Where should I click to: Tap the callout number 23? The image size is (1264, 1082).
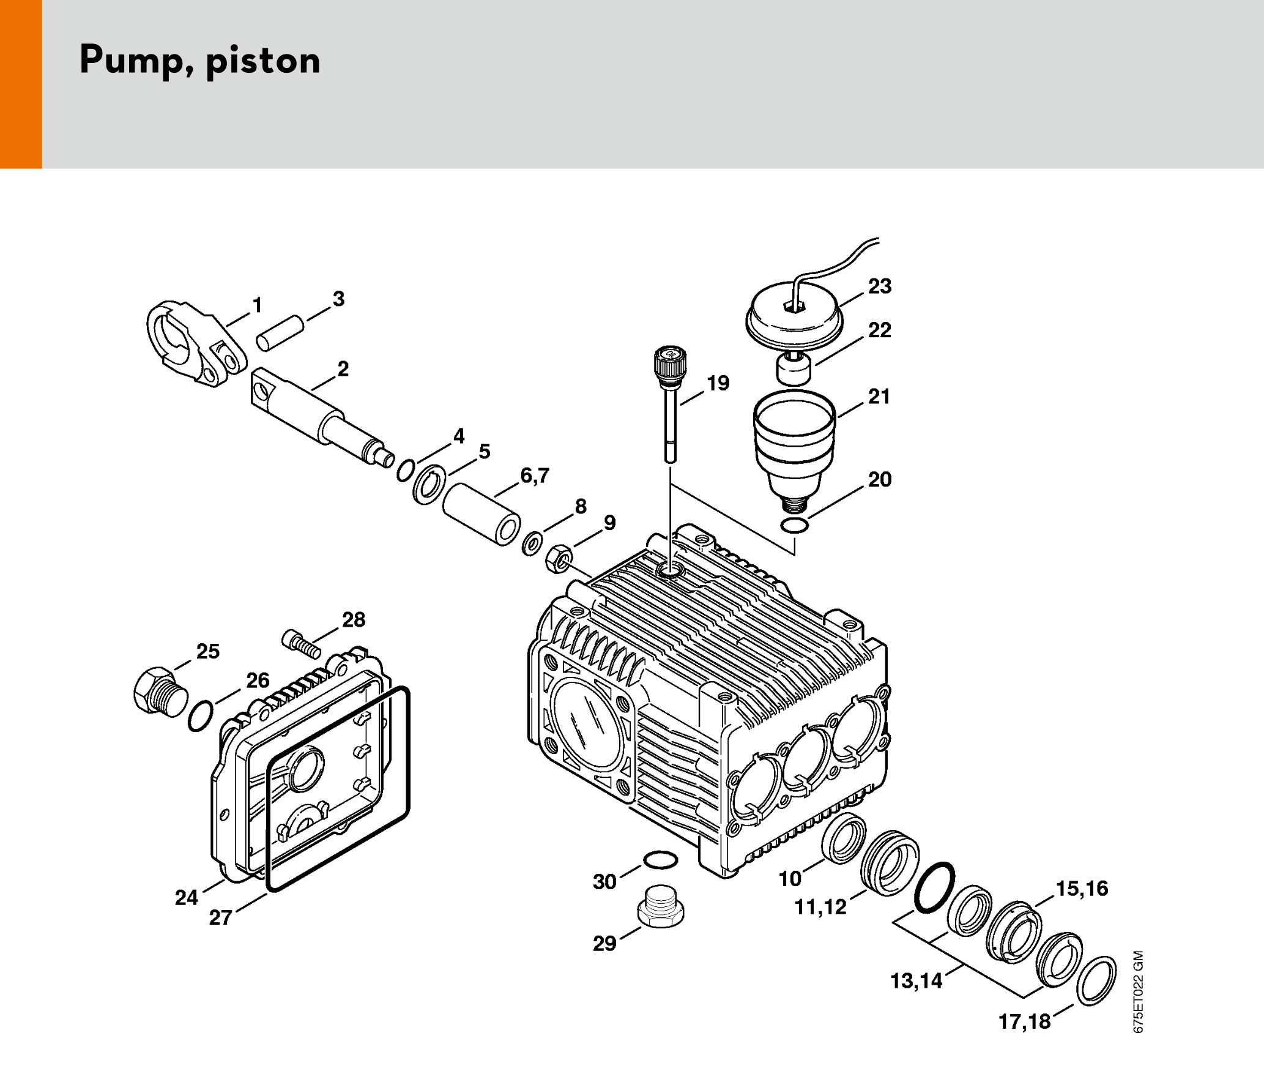pos(880,286)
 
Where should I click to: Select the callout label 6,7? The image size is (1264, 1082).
pos(535,476)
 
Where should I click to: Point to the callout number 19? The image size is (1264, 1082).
pos(718,383)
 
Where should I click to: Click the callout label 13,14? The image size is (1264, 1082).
pos(916,981)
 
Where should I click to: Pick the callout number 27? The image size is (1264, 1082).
pos(220,917)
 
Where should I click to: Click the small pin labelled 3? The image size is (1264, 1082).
pos(280,333)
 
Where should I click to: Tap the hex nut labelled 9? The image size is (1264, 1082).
pos(558,558)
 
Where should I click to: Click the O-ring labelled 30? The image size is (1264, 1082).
pos(661,860)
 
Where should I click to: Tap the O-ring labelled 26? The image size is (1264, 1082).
pos(200,716)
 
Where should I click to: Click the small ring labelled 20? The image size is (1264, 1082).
pos(795,525)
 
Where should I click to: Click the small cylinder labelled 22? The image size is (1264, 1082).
pos(794,368)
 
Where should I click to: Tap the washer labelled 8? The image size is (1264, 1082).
pos(532,543)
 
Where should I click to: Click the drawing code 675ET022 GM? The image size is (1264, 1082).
pos(1138,991)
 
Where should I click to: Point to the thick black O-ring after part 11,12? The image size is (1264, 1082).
pos(934,887)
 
